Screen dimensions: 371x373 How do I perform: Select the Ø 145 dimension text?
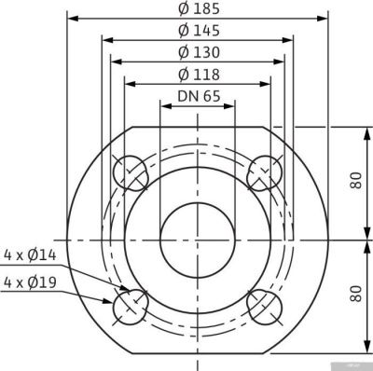(196, 32)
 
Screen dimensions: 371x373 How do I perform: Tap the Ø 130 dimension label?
(196, 53)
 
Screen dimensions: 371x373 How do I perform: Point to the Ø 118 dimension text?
(196, 75)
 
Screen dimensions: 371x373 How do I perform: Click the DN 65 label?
(196, 96)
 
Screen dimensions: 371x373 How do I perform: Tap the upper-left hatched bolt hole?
(130, 173)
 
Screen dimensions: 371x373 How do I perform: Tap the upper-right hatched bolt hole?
(264, 173)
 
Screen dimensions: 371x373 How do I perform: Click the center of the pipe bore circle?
(197, 240)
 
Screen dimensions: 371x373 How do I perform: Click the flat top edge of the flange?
(197, 126)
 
